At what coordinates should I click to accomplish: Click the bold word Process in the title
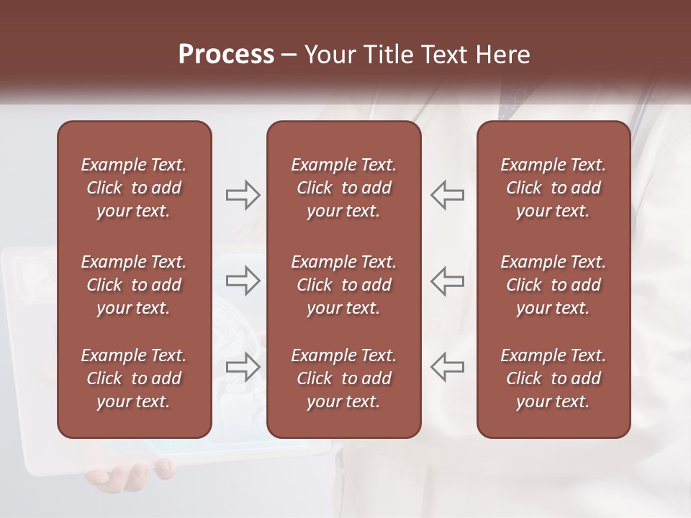226,55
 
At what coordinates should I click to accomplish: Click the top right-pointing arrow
243,195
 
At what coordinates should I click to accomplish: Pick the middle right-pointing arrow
243,280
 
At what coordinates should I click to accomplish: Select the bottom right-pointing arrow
243,366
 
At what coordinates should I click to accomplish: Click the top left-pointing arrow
447,195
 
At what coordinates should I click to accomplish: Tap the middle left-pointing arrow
447,280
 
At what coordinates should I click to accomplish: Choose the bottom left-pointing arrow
447,366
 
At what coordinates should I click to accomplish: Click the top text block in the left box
134,188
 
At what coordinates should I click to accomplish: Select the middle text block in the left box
134,285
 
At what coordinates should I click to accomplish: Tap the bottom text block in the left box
134,378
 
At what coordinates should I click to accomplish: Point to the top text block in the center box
343,188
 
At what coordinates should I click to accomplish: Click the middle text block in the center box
343,285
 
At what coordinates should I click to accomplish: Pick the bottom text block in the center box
343,378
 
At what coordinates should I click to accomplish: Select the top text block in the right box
553,188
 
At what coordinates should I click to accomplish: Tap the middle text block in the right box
553,285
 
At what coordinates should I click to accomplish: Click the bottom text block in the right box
553,378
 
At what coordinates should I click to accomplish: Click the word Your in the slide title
329,55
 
